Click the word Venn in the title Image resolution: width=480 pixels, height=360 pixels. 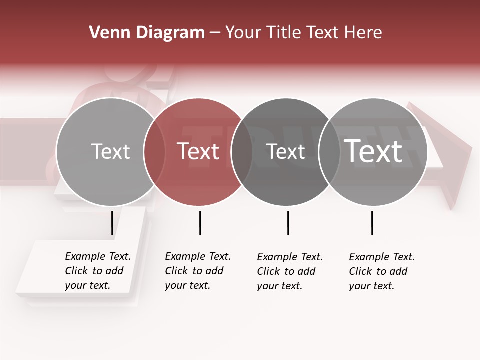coord(105,33)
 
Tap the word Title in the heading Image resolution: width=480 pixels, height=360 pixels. coord(283,33)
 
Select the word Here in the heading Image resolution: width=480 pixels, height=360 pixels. coord(363,33)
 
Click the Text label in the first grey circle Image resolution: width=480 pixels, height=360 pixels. coord(110,151)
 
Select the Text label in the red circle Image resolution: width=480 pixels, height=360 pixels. coord(198,151)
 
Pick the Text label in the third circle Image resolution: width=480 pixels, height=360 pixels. coord(285,151)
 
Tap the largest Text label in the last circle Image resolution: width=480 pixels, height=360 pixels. coord(373,151)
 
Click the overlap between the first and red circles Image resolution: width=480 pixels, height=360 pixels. coord(154,152)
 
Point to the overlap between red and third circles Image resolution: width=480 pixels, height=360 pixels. coord(242,152)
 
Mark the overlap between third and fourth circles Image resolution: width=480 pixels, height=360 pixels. coord(329,152)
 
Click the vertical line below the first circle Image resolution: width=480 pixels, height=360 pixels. coord(112,223)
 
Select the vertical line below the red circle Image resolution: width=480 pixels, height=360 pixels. coord(200,223)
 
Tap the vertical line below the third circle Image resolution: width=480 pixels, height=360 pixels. coord(288,223)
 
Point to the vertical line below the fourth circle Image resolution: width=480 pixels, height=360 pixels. coord(372,223)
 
